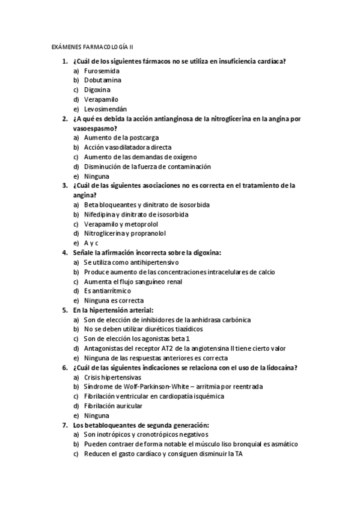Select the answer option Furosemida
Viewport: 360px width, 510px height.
pos(102,70)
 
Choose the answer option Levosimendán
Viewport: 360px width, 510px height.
pos(105,109)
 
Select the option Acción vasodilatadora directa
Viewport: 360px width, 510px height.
pos(127,147)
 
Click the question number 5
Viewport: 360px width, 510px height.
pos(64,310)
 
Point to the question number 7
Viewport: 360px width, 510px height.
pos(64,425)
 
